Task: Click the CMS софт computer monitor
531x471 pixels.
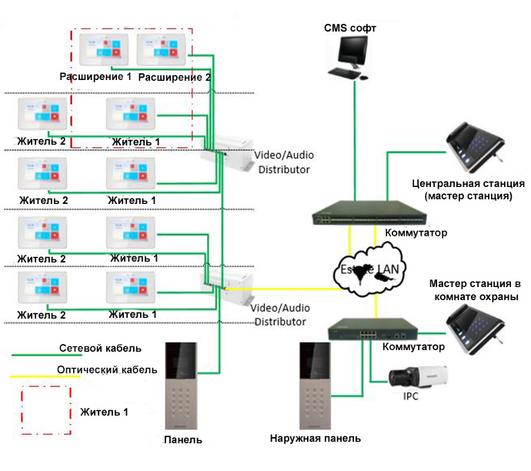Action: click(354, 54)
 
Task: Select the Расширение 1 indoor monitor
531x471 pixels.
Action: click(101, 50)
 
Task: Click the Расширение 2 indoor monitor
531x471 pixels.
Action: click(162, 50)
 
